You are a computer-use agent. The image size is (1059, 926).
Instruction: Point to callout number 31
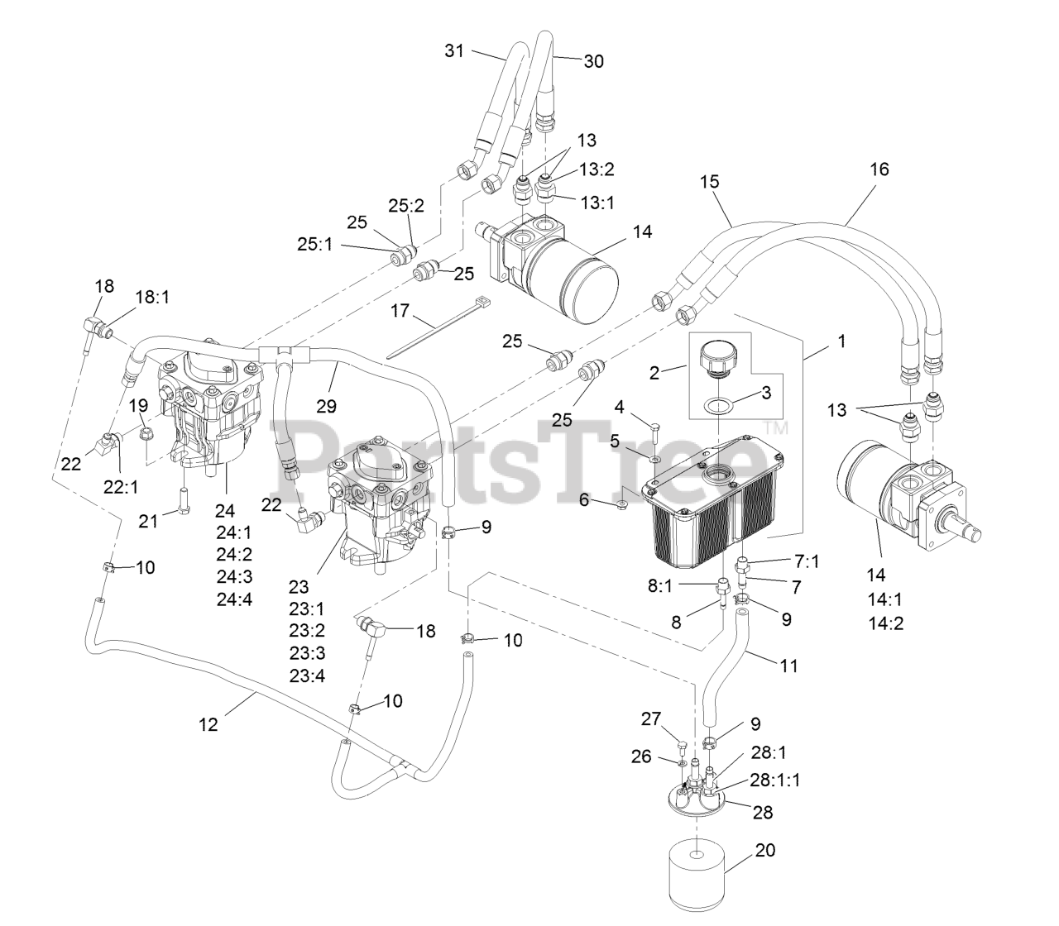click(x=454, y=50)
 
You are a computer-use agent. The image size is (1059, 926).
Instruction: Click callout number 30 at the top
click(x=594, y=60)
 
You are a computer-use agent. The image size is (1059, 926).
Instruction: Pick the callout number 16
click(x=879, y=169)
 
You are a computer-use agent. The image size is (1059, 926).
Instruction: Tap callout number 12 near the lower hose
click(x=208, y=724)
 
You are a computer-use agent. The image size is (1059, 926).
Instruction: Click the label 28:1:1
click(x=775, y=779)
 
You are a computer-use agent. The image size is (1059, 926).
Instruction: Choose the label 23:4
click(x=306, y=675)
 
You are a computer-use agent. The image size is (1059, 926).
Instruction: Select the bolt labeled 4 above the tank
click(x=654, y=427)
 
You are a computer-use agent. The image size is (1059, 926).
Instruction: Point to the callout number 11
click(x=789, y=663)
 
